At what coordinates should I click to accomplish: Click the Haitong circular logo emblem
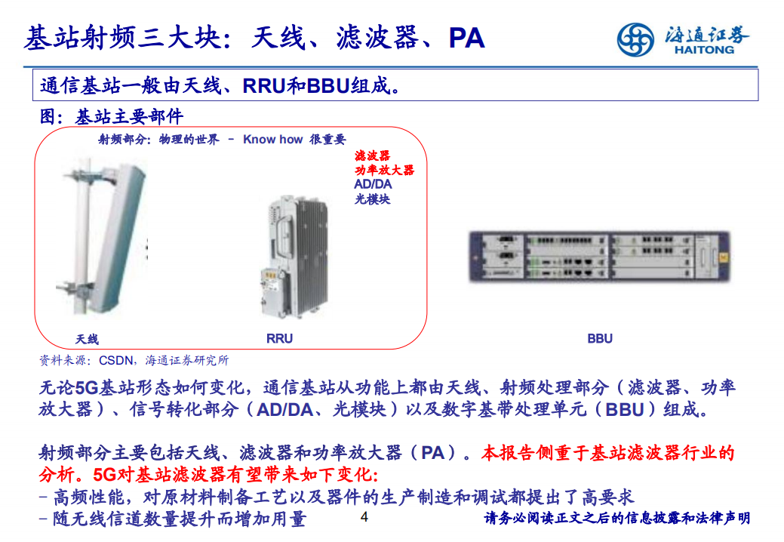click(635, 39)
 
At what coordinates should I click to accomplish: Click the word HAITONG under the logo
click(701, 50)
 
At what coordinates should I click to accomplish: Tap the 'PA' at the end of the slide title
click(466, 38)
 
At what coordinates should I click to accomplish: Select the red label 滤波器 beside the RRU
click(372, 156)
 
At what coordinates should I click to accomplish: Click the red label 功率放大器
click(384, 170)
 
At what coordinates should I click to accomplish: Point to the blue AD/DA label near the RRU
click(373, 184)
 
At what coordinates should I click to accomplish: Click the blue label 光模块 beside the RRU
click(372, 199)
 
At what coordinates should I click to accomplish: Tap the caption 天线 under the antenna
click(87, 339)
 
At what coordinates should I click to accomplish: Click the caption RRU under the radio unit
click(279, 339)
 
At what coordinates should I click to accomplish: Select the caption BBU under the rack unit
click(600, 339)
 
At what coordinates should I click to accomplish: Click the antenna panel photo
click(106, 242)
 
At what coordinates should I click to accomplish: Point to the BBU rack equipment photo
click(600, 256)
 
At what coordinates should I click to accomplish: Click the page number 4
click(364, 518)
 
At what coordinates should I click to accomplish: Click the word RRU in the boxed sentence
click(263, 86)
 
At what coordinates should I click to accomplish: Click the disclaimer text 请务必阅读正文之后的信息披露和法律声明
click(616, 519)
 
